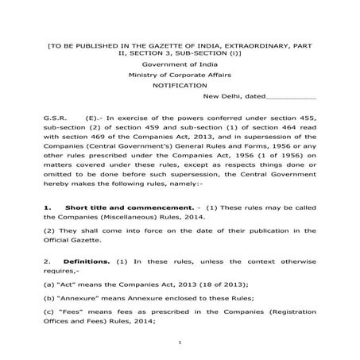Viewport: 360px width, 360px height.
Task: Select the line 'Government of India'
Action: coord(179,62)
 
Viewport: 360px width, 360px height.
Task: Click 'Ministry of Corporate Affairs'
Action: coord(179,72)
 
